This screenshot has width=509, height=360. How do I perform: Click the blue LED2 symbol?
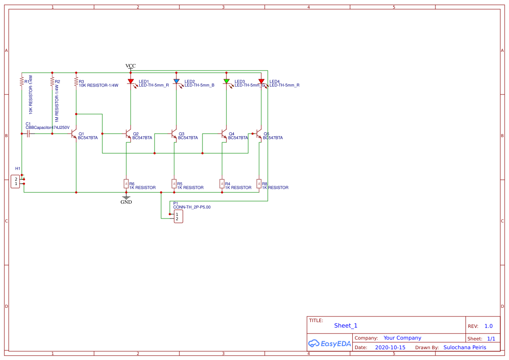tap(176, 81)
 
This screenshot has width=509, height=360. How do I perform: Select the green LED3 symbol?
tap(226, 81)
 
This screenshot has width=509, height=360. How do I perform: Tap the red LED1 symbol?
tap(131, 81)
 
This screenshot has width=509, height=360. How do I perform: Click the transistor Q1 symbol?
tap(74, 134)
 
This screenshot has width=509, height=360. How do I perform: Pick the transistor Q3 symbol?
tap(174, 134)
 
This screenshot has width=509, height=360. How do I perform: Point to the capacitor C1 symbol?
tap(28, 134)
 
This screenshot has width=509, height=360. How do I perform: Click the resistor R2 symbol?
tap(52, 81)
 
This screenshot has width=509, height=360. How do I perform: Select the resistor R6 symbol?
tap(126, 184)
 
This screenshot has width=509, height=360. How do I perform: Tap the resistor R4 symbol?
tap(222, 184)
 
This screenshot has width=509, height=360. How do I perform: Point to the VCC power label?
tap(131, 66)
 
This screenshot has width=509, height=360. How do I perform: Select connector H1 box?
tap(15, 182)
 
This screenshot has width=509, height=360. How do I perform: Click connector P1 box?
tap(178, 216)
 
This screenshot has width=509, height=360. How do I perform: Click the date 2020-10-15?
tap(390, 347)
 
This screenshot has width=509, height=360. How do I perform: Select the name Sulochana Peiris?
tap(465, 347)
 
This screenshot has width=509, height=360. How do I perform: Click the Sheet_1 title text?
tap(346, 326)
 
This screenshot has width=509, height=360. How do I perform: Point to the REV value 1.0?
tap(489, 326)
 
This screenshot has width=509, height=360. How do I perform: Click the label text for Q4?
tap(231, 134)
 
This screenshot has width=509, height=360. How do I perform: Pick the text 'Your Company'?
tap(402, 338)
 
